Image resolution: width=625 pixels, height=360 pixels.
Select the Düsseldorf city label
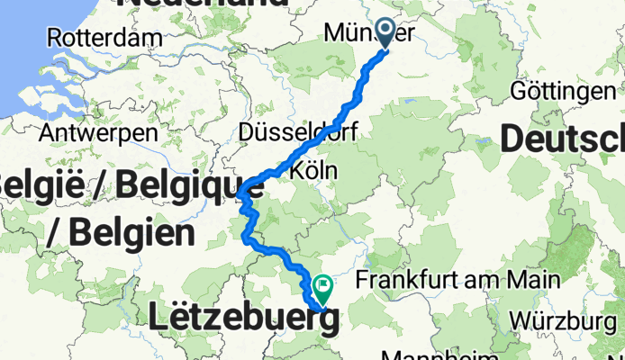[299, 132]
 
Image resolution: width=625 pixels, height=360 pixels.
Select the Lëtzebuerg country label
[244, 319]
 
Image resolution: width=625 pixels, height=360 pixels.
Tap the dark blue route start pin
[387, 33]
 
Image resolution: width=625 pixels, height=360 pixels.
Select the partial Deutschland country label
[562, 139]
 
